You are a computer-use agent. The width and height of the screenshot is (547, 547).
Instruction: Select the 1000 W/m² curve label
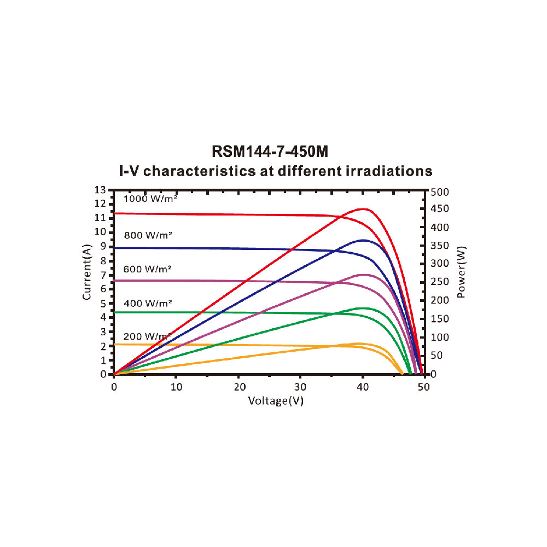point(151,199)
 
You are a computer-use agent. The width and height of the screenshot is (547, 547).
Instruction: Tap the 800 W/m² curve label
point(148,235)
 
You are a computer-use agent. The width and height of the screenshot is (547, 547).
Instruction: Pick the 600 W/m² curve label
point(148,269)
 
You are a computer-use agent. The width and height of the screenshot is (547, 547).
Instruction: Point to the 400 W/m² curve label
point(148,302)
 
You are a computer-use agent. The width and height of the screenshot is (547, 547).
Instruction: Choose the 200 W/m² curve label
point(147,336)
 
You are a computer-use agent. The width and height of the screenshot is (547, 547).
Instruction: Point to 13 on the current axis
point(100,190)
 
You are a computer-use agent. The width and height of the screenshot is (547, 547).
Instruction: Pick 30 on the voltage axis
point(300,387)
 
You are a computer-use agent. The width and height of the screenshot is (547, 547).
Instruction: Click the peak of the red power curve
point(363,209)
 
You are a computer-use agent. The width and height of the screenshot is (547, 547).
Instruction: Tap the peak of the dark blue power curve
point(363,240)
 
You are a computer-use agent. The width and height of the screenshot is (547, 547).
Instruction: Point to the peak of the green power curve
point(362,309)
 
